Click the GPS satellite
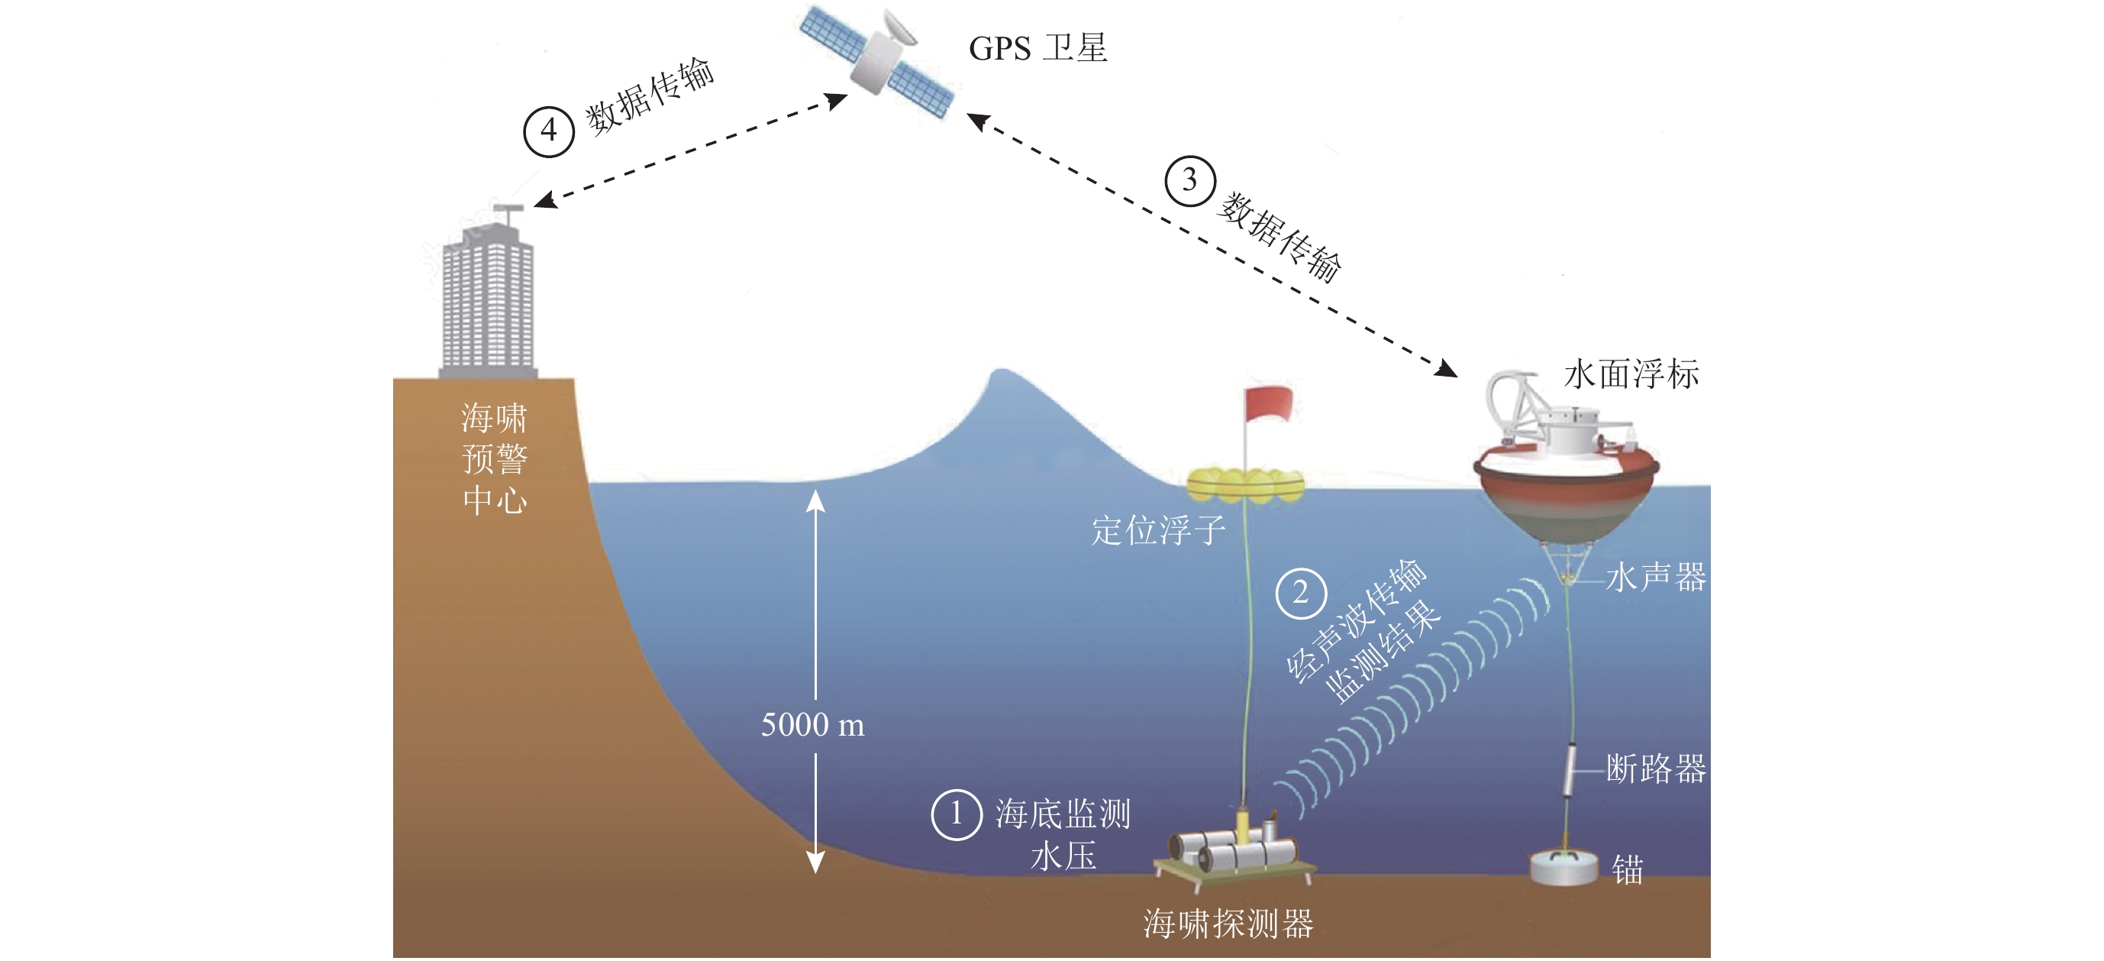click(x=878, y=59)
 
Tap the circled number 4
click(x=549, y=131)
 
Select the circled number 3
click(x=1189, y=180)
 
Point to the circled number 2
click(x=1300, y=594)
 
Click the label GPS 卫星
click(x=1037, y=48)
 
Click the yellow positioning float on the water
click(x=1244, y=484)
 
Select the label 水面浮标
click(x=1631, y=374)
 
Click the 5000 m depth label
click(x=813, y=725)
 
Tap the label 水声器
click(x=1656, y=578)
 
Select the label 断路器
click(x=1656, y=769)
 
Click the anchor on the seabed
click(x=1563, y=868)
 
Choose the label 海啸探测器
click(x=1228, y=924)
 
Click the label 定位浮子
click(x=1158, y=531)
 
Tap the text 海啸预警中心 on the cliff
click(x=494, y=458)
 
